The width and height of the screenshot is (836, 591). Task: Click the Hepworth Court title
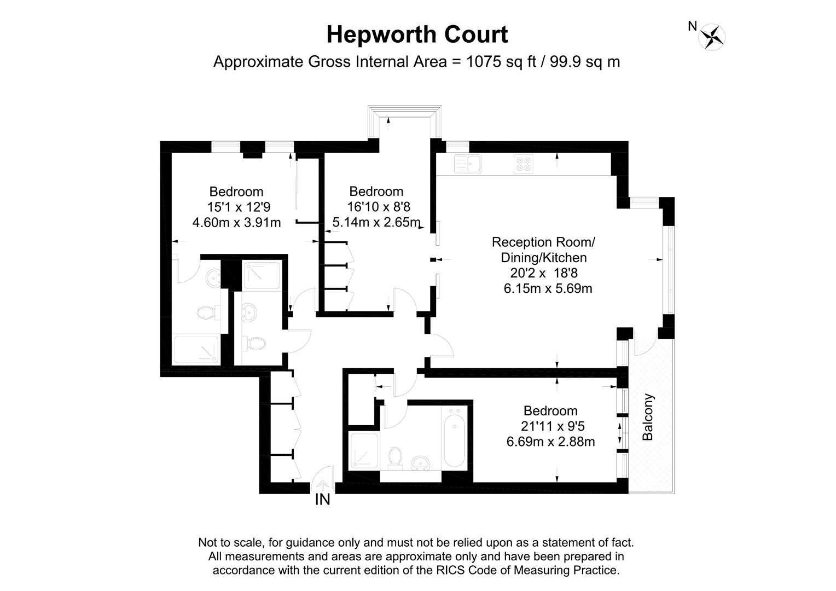[x=417, y=34]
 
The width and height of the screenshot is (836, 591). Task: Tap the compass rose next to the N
[x=713, y=37]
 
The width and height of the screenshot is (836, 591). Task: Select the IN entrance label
[x=322, y=500]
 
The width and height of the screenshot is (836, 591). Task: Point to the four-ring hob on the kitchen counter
[x=524, y=164]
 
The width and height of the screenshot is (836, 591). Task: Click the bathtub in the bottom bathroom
[x=455, y=440]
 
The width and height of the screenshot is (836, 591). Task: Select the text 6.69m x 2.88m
[x=550, y=441]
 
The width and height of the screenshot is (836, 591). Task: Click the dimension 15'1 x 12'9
[x=239, y=207]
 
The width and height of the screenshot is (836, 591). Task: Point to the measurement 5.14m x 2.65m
[x=377, y=222]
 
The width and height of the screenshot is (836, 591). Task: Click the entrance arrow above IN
[x=323, y=485]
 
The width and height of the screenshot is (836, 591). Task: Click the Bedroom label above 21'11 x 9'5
[x=550, y=410]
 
